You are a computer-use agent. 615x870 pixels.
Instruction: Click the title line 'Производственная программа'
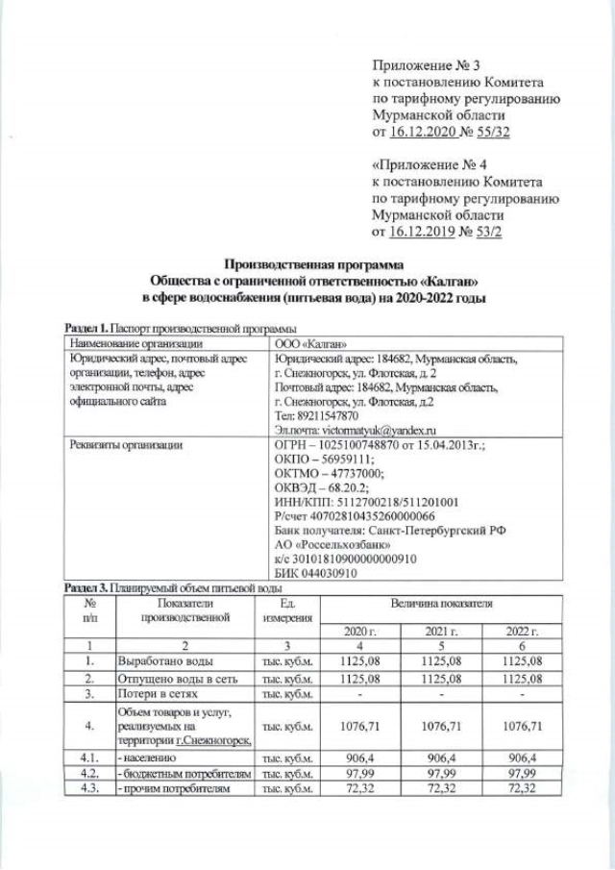click(x=313, y=264)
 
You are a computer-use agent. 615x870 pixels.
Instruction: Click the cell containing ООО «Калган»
click(x=309, y=343)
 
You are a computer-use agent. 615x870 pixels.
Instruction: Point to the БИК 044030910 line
click(x=316, y=574)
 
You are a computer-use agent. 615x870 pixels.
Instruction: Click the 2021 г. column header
click(x=441, y=632)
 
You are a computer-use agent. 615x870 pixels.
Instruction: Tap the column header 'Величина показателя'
click(x=441, y=604)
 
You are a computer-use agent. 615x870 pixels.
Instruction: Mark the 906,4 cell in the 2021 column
click(x=441, y=758)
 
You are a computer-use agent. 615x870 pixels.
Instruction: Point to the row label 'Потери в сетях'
click(x=157, y=693)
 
